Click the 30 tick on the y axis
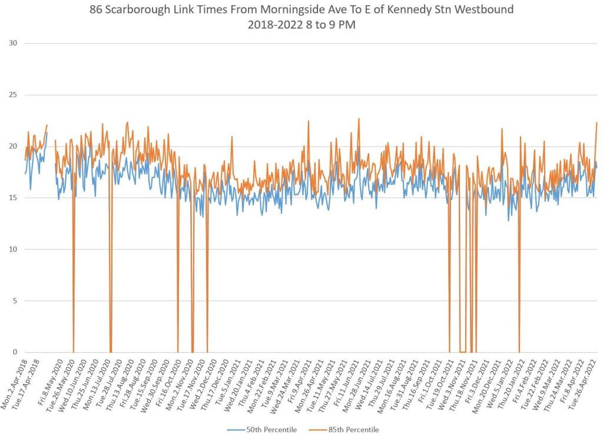12,43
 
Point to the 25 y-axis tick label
12,95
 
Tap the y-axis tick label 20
12,146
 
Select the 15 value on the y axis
12,198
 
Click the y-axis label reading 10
12,249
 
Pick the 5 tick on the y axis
14,301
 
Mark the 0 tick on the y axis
14,352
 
